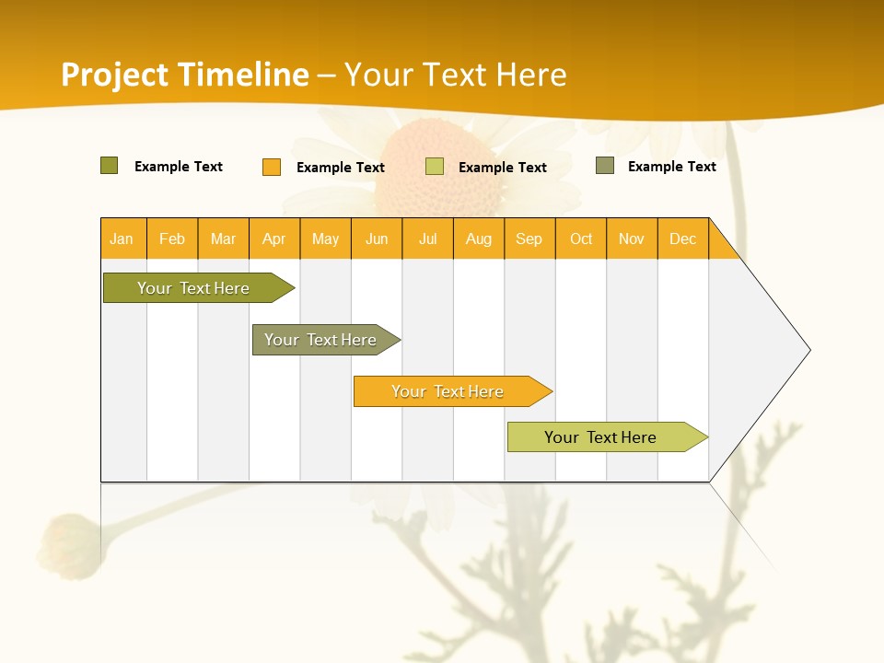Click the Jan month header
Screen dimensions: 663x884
pyautogui.click(x=122, y=238)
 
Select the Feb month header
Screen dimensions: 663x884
pyautogui.click(x=172, y=238)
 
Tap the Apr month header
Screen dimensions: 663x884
pyautogui.click(x=274, y=238)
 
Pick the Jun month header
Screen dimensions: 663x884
pyautogui.click(x=377, y=238)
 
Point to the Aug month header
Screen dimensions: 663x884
pyautogui.click(x=479, y=238)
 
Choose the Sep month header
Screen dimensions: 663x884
pyautogui.click(x=529, y=238)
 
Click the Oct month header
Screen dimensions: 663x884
pyautogui.click(x=581, y=238)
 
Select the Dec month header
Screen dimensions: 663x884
pyautogui.click(x=683, y=238)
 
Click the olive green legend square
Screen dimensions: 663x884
pyautogui.click(x=110, y=166)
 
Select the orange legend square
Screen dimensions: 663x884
pyautogui.click(x=272, y=167)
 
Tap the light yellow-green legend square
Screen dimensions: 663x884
pyautogui.click(x=435, y=167)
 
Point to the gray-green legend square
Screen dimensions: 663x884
pyautogui.click(x=605, y=166)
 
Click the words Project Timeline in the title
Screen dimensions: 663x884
pyautogui.click(x=184, y=75)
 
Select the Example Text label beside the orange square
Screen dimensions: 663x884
pyautogui.click(x=341, y=168)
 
